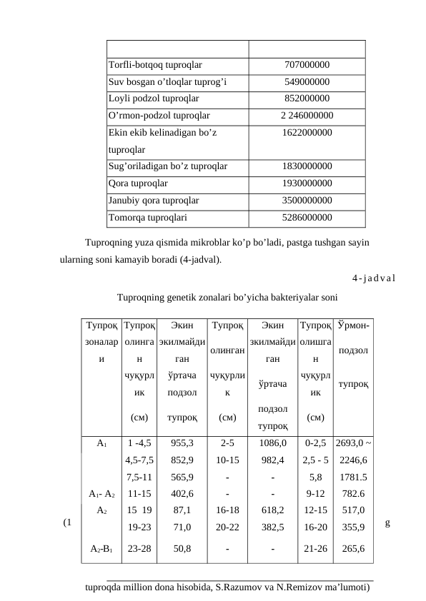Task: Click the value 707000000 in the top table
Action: (307, 66)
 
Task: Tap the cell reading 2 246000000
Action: (307, 114)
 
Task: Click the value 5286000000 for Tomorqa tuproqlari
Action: (307, 217)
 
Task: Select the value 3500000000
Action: (307, 201)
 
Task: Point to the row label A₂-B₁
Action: (101, 549)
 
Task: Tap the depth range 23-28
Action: (139, 549)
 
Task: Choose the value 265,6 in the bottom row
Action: (352, 549)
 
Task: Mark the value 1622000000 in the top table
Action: (307, 133)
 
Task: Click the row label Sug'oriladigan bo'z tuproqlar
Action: (167, 166)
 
